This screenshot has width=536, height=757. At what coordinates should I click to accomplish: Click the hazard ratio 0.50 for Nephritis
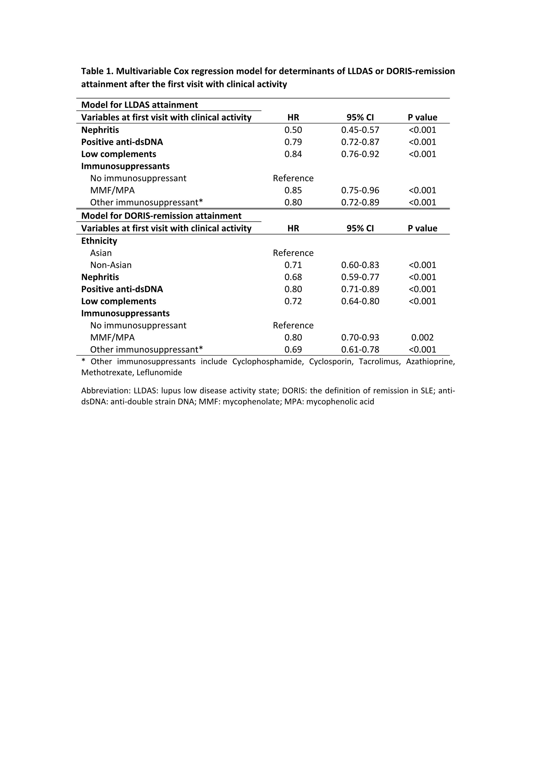(x=293, y=130)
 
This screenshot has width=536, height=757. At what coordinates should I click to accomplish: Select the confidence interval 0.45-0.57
(x=360, y=130)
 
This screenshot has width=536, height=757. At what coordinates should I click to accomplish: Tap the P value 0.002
(x=422, y=337)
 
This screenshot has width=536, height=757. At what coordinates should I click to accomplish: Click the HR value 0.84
(x=293, y=154)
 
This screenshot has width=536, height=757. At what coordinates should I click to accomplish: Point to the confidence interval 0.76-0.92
(x=360, y=154)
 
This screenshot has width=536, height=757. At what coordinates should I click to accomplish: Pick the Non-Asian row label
(x=111, y=265)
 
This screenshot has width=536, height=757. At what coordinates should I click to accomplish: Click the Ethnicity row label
(x=99, y=241)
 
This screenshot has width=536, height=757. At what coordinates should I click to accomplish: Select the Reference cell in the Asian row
(x=293, y=253)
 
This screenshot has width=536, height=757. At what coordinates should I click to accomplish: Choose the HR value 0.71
(x=293, y=265)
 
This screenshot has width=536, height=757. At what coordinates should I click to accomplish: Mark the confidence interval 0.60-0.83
(x=360, y=265)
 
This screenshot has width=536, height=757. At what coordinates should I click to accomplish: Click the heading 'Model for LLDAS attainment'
(x=139, y=105)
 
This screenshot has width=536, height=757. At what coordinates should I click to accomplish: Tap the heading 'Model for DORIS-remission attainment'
(x=161, y=216)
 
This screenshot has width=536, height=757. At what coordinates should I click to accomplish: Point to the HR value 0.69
(x=293, y=350)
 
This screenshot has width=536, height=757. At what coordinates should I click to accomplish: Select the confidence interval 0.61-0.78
(x=360, y=350)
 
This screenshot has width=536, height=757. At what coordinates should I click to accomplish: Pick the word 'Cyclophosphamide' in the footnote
(x=268, y=362)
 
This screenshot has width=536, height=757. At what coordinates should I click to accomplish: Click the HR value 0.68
(x=293, y=277)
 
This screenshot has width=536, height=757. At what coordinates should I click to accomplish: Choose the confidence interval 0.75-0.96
(x=360, y=190)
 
